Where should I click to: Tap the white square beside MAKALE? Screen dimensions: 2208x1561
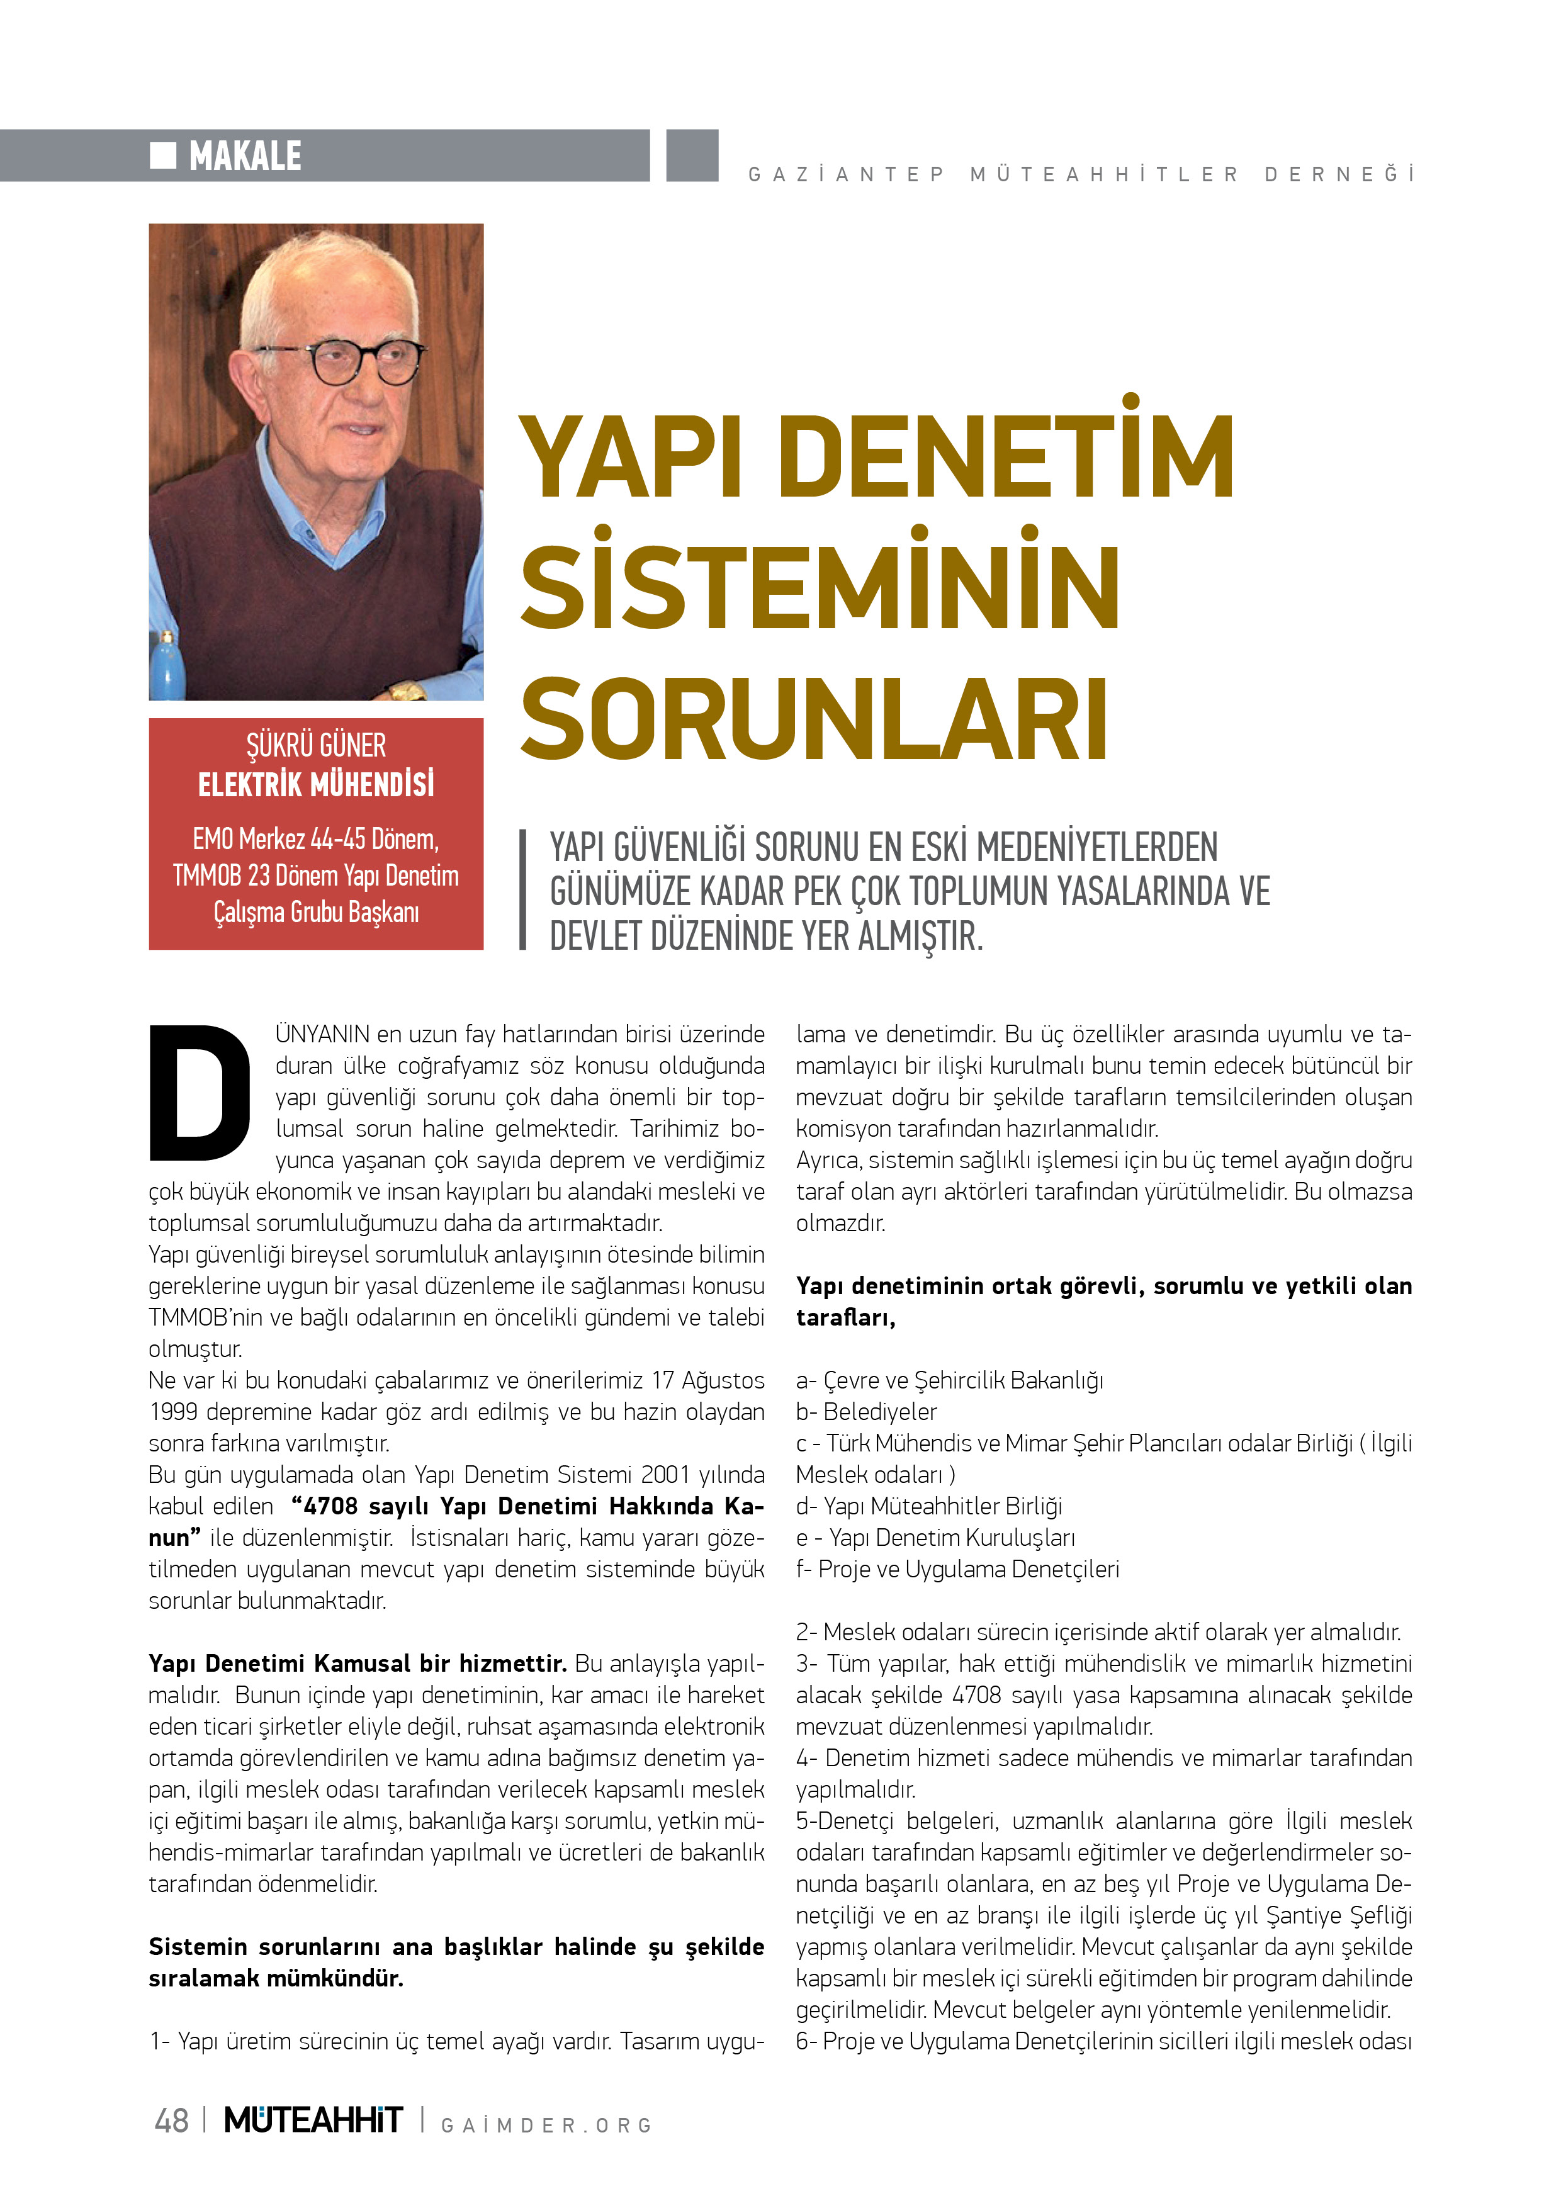click(x=162, y=155)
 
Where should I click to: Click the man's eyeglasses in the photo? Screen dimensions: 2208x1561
click(x=341, y=361)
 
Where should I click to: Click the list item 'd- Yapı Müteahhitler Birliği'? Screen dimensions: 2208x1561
click(x=928, y=1506)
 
